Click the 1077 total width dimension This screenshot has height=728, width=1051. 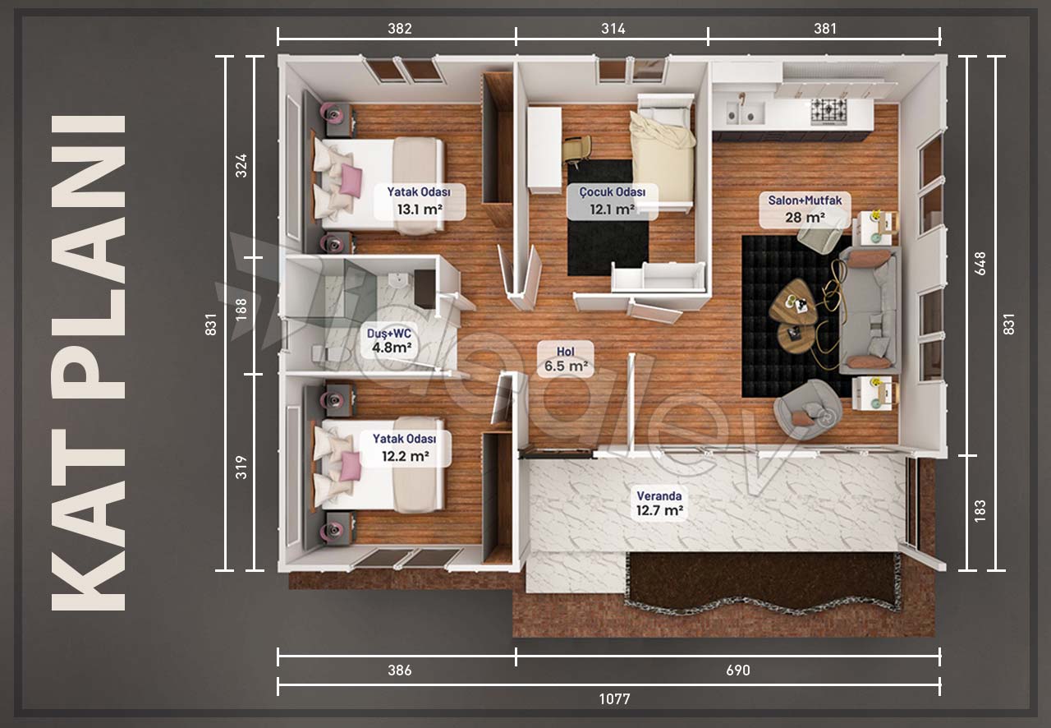(614, 699)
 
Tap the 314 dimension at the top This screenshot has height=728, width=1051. (613, 29)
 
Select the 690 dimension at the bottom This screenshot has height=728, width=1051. (738, 670)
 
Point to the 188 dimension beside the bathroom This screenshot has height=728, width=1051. (241, 310)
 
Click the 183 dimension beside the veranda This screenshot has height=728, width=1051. (980, 510)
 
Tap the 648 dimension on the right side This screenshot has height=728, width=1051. (980, 264)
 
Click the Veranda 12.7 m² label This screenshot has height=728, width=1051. (659, 503)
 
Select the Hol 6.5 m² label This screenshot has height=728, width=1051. (566, 359)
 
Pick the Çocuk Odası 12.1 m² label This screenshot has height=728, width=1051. (612, 200)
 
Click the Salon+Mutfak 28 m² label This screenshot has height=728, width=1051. (805, 209)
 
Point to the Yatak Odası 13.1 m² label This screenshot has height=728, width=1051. (419, 200)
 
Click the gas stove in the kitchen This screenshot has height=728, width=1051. (828, 111)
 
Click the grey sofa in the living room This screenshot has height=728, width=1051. (869, 310)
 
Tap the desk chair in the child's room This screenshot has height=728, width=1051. (576, 150)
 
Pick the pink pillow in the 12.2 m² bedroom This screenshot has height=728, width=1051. (350, 465)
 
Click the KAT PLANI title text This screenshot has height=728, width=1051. (88, 362)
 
